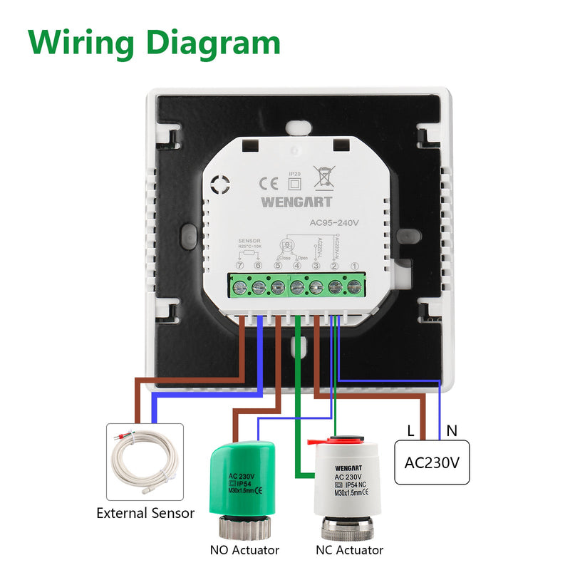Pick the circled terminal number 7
[x=239, y=266]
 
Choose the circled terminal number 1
[x=353, y=266]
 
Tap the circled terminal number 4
[x=297, y=266]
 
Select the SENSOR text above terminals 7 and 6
[x=251, y=242]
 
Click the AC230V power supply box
[x=432, y=462]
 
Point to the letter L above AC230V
[x=410, y=430]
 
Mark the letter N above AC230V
[x=451, y=430]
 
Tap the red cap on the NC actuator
[x=348, y=441]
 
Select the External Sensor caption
[x=145, y=513]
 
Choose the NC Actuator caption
[x=349, y=550]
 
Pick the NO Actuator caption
[x=244, y=550]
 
